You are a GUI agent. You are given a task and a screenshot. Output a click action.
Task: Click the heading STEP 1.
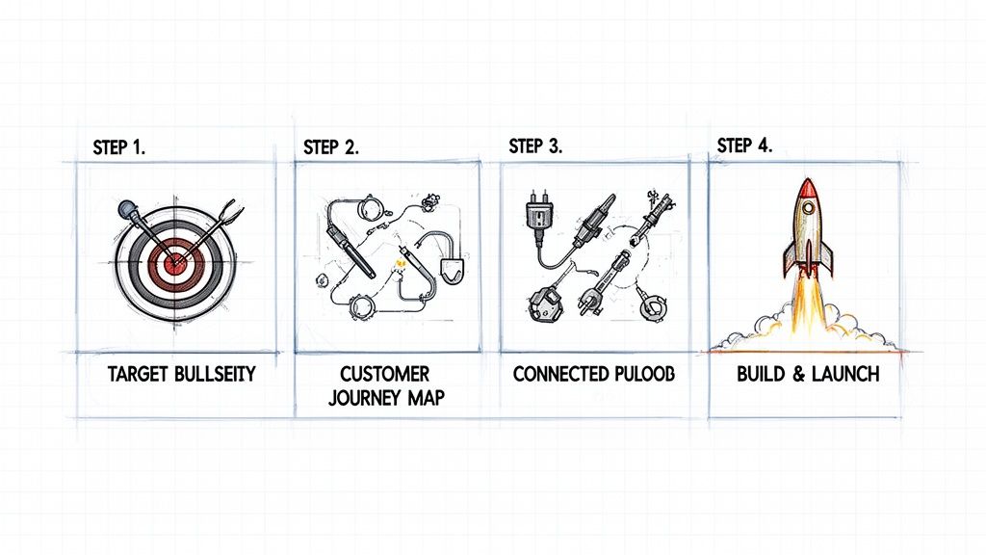(118, 147)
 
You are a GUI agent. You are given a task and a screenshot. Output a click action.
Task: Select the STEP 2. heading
(330, 147)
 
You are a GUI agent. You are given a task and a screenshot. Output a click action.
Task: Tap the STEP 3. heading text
(535, 146)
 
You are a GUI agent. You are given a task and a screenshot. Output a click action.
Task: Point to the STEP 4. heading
(744, 145)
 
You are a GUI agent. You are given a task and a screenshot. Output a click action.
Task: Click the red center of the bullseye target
(174, 261)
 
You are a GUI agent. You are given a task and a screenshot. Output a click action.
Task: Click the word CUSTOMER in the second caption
(385, 373)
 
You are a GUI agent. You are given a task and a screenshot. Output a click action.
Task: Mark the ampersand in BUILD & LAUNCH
(792, 374)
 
